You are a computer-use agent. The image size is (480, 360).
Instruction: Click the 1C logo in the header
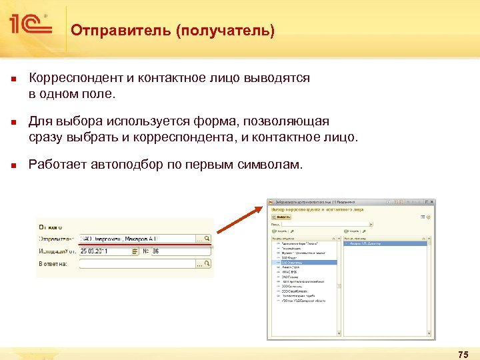point(30,25)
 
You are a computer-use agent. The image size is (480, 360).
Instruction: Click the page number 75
point(463,353)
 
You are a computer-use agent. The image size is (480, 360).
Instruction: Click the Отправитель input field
point(137,238)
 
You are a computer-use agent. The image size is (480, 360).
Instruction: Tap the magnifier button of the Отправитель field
point(207,238)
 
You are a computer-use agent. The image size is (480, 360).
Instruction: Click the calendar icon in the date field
point(135,251)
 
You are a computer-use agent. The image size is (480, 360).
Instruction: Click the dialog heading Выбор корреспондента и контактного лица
point(317,209)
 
